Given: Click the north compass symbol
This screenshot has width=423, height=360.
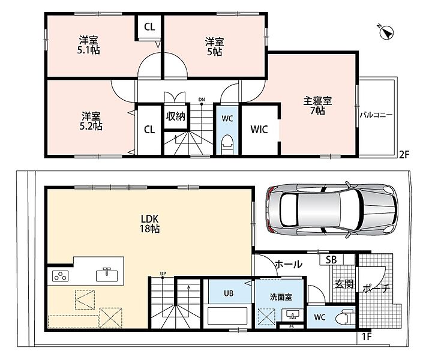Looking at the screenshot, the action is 386,32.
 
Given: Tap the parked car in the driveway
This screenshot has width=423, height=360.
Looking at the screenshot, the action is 332,210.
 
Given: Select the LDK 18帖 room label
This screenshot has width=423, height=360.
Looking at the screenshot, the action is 150,224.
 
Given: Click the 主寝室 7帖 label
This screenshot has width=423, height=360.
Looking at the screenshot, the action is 317,106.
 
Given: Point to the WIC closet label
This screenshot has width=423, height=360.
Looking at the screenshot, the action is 259,130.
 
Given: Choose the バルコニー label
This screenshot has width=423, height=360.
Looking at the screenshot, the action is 376,115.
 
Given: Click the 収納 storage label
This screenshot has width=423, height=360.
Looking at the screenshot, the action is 176,116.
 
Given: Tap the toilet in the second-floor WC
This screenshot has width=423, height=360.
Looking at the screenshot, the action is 227,145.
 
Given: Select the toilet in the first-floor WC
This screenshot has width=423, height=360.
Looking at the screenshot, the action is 345,317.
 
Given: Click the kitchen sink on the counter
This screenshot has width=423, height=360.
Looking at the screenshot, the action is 107,275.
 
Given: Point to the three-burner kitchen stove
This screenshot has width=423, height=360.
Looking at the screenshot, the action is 60,276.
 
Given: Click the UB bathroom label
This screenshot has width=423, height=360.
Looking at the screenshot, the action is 229,293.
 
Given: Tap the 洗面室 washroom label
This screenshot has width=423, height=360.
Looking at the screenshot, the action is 281,297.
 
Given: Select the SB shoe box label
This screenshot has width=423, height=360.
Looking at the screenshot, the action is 331,260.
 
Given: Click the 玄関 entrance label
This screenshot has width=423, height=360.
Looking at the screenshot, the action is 344,284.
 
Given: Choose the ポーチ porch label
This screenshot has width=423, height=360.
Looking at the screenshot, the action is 376,289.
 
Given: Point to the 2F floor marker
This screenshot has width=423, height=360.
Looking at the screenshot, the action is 404,155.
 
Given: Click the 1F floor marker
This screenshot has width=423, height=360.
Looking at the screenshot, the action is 367,337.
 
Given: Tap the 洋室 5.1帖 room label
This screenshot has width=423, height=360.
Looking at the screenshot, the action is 88,45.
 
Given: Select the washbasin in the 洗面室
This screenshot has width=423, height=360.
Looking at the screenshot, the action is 292,315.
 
